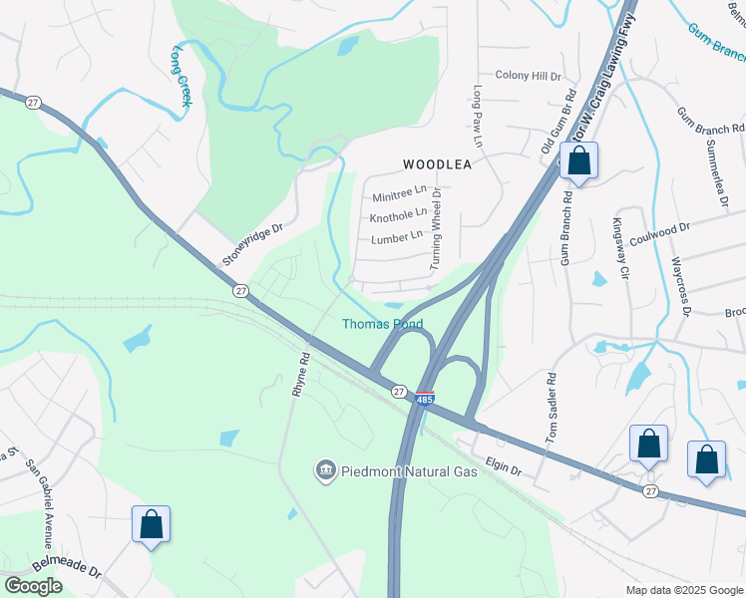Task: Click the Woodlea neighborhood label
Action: (436, 163)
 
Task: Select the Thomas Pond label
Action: (382, 324)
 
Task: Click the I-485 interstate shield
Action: (425, 399)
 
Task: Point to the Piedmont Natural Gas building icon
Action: (325, 469)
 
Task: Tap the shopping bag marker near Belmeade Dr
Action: (151, 525)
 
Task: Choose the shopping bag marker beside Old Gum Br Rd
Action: (578, 161)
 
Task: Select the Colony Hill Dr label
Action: (529, 76)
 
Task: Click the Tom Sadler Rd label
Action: (550, 408)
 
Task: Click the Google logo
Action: (33, 586)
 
